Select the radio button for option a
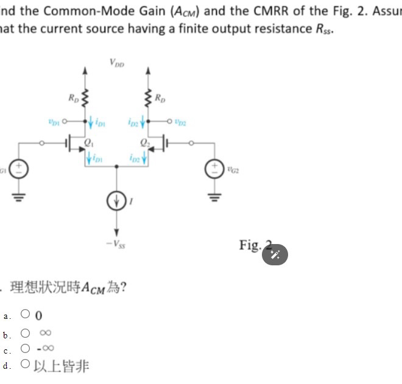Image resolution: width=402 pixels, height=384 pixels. tap(26, 315)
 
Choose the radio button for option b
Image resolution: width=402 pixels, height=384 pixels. tap(26, 333)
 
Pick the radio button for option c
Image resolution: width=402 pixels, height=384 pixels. tap(26, 349)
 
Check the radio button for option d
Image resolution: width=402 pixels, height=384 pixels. tap(26, 365)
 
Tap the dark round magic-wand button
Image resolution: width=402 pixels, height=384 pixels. tap(275, 254)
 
